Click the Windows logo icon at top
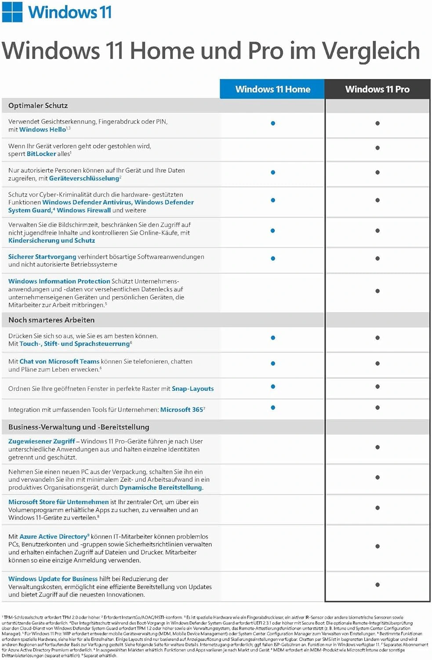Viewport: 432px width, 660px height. (12, 12)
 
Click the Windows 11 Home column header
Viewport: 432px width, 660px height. (272, 89)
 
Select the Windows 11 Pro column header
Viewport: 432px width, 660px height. (377, 89)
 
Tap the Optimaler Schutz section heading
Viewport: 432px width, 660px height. (38, 106)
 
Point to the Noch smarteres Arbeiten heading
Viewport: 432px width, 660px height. (51, 320)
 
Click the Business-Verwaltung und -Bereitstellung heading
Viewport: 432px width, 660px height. (79, 427)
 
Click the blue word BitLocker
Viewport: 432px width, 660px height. (41, 154)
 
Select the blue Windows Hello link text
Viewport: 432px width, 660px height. (42, 129)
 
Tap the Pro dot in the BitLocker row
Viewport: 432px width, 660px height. (378, 148)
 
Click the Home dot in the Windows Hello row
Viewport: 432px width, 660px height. (273, 123)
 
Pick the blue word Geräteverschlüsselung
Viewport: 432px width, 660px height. (84, 178)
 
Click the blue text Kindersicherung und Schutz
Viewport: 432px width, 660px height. (51, 241)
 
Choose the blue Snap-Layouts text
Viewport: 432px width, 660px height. (192, 389)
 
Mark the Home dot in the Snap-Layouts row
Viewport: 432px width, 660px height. (273, 387)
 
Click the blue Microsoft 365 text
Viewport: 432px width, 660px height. (182, 410)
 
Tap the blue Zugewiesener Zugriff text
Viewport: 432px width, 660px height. (41, 441)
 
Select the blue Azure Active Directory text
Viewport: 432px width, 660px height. (53, 537)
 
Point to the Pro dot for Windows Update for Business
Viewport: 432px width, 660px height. (378, 585)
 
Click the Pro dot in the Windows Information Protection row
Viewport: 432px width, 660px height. (378, 291)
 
